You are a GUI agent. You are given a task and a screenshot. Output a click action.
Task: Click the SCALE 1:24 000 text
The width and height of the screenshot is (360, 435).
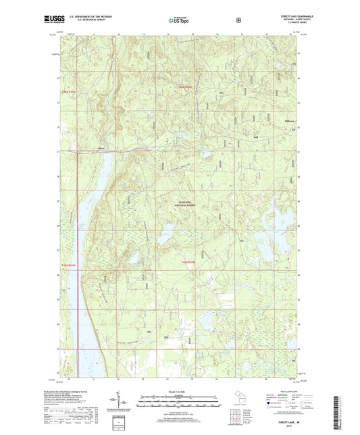pyautogui.click(x=179, y=392)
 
